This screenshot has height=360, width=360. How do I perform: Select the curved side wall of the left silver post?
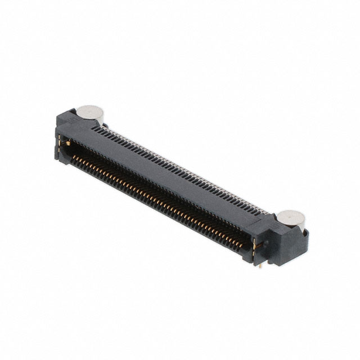click(90, 120)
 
